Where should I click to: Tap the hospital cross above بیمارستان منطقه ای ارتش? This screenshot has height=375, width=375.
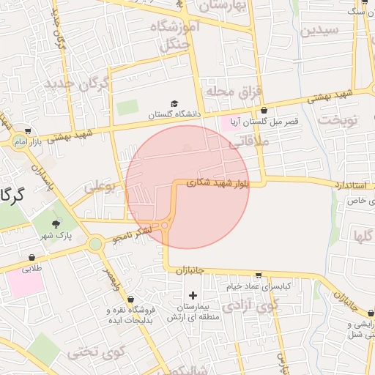pos(193,294)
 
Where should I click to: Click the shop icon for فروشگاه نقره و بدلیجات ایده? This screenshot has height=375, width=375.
pos(130,300)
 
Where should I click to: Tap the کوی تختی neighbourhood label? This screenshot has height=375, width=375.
pos(92,352)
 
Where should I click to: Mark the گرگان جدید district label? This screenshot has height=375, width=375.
pos(77,83)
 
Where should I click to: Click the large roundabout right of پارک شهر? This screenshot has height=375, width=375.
pos(95,244)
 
